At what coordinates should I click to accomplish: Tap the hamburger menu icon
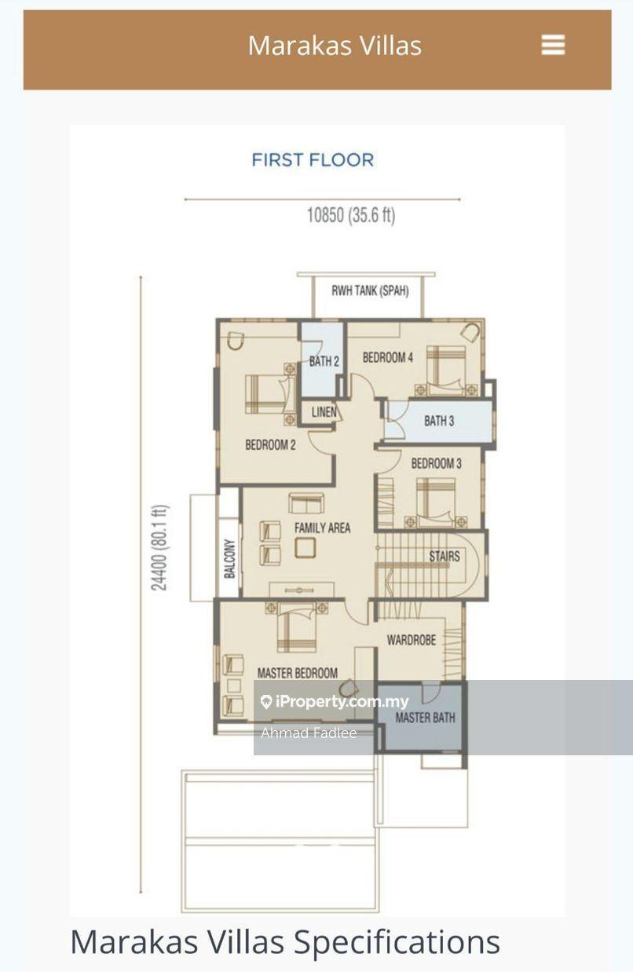pos(553,45)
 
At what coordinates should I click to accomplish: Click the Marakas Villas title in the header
pos(335,46)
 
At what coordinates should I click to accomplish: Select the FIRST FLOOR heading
pos(313,159)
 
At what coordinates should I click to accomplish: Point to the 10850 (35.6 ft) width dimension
pos(351,215)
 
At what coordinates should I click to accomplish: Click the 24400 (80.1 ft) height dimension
pos(159,547)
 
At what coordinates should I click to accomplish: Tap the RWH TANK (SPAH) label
pos(370,291)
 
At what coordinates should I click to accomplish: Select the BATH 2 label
pos(324,360)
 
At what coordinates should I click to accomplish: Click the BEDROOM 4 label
pos(388,357)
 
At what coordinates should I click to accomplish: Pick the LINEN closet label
pos(324,411)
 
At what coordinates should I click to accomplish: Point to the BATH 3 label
pos(439,421)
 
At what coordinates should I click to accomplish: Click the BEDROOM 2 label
pos(270,444)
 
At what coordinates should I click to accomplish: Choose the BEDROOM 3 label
pos(437,463)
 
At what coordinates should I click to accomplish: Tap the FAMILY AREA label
pos(322,528)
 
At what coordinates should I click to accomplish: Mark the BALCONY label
pos(229,558)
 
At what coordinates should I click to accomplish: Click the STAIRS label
pos(445,556)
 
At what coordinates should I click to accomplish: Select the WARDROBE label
pos(412,640)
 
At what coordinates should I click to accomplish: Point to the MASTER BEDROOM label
pos(298,673)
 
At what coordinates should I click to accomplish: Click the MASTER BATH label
pos(425,718)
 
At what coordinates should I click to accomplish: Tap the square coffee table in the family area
pos(305,547)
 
